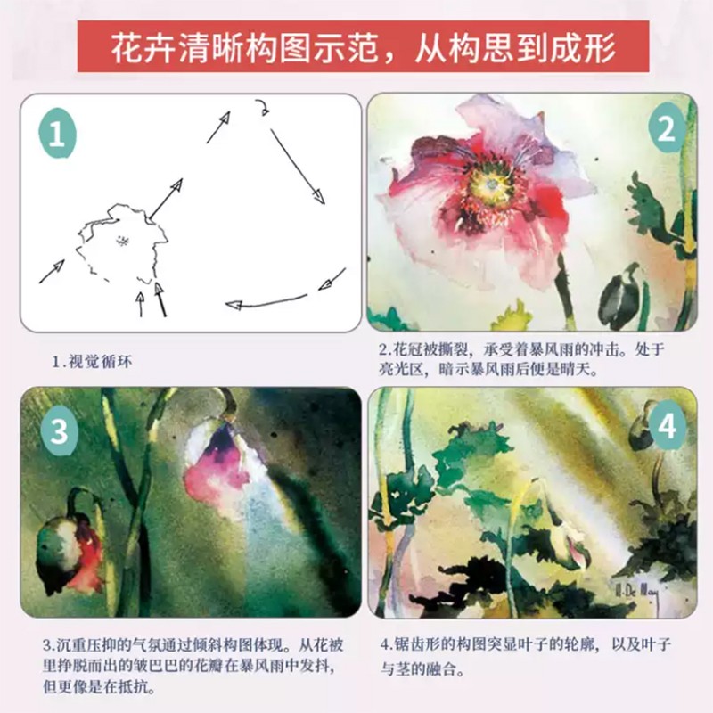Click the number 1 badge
pyautogui.click(x=57, y=135)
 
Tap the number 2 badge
pyautogui.click(x=667, y=129)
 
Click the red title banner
pyautogui.click(x=363, y=46)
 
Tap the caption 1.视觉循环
pyautogui.click(x=92, y=362)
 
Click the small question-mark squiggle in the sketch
pyautogui.click(x=263, y=108)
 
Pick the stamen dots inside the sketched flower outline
pyautogui.click(x=121, y=241)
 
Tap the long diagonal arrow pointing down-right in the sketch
pyautogui.click(x=298, y=167)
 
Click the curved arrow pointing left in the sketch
pyautogui.click(x=266, y=302)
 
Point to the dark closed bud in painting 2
pyautogui.click(x=620, y=292)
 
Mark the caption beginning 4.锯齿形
pyautogui.click(x=526, y=657)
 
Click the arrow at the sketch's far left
pyautogui.click(x=52, y=272)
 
